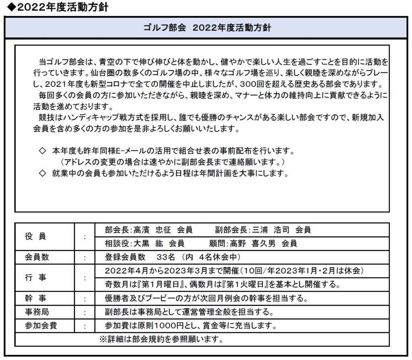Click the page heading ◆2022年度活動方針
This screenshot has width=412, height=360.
coord(55,7)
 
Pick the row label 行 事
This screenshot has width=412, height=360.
coord(35,278)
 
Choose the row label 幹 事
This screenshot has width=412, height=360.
coord(35,298)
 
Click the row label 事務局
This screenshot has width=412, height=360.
coord(35,312)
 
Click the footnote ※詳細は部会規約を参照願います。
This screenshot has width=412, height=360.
coord(161,339)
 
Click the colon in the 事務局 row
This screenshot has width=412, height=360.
coord(84,312)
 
